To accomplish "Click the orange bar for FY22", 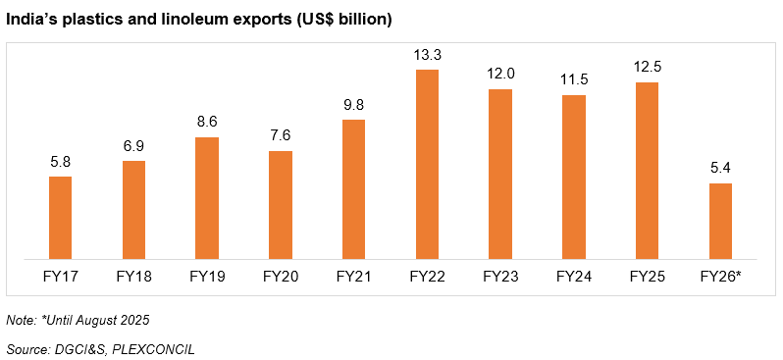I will click(427, 165).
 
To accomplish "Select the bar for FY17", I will click(60, 218).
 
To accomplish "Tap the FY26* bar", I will click(720, 222).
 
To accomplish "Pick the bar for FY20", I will click(281, 205).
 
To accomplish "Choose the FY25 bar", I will click(647, 171).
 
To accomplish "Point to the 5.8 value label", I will click(60, 161).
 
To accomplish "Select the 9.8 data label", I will click(353, 104).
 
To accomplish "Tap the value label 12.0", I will click(499, 74).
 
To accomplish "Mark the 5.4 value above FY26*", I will click(720, 168).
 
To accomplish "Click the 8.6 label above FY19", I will click(207, 122).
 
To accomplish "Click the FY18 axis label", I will click(133, 278).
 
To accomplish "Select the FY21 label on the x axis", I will click(353, 278).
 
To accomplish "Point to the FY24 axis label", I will click(573, 278).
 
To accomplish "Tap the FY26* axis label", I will click(720, 278).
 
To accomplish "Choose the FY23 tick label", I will click(499, 278).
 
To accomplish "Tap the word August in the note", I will click(97, 320).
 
